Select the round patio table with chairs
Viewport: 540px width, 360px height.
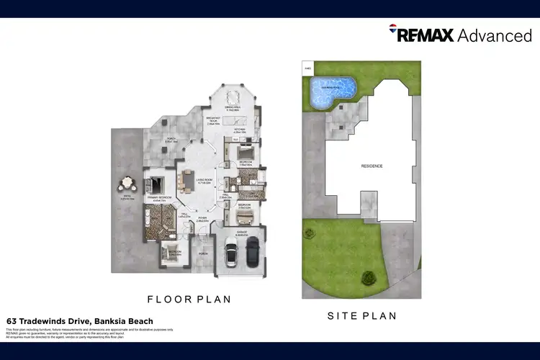point(129,184)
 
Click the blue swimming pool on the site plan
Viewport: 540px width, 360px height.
point(331,90)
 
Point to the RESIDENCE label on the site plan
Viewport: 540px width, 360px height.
point(372,166)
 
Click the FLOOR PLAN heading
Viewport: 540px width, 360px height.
point(189,299)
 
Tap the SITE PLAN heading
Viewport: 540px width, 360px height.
point(362,315)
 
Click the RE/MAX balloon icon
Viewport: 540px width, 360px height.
point(393,32)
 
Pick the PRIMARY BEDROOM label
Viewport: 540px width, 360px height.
point(159,197)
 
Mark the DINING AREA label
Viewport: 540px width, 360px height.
point(232,107)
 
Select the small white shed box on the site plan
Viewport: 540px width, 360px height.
point(308,69)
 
